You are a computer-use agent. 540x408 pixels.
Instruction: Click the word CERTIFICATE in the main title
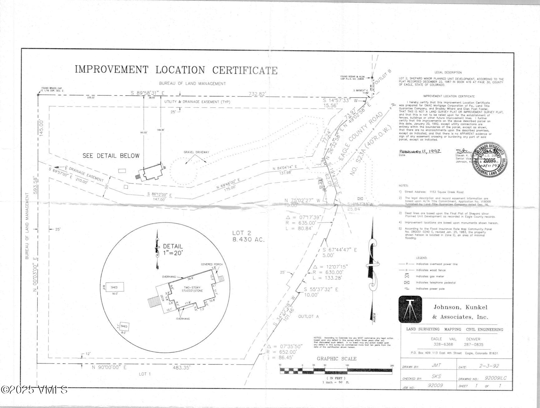pos(245,70)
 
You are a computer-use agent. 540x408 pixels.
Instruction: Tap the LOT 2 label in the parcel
pos(242,233)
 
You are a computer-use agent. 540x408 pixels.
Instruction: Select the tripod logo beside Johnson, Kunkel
pos(410,310)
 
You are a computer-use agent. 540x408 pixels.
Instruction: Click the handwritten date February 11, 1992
pos(420,151)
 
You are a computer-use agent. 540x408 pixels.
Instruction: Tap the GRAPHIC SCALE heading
pos(336,359)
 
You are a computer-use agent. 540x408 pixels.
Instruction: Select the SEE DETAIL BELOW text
pos(111,156)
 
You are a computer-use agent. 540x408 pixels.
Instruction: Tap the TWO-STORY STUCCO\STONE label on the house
pos(192,289)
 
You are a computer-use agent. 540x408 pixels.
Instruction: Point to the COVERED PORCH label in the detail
pos(212,264)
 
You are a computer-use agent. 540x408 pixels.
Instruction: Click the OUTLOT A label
pos(308,316)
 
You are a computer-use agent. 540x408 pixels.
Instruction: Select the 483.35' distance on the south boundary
pos(181,368)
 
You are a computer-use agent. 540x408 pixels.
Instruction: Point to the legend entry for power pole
pos(426,289)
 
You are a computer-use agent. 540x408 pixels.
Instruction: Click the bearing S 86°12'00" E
pos(160,194)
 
